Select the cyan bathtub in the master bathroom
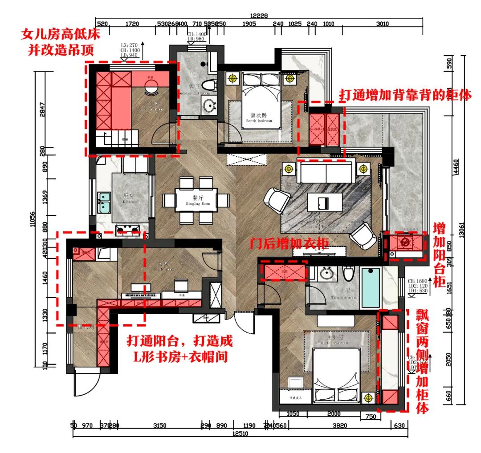(x=371, y=287)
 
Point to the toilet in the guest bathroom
(x=208, y=85)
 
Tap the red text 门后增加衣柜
(x=289, y=243)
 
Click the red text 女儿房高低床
(x=61, y=33)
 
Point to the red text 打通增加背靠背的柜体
(x=405, y=95)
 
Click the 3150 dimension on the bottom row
(x=159, y=425)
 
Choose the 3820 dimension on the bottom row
(x=340, y=425)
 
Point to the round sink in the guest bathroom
(x=208, y=106)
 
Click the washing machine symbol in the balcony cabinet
(x=405, y=243)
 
